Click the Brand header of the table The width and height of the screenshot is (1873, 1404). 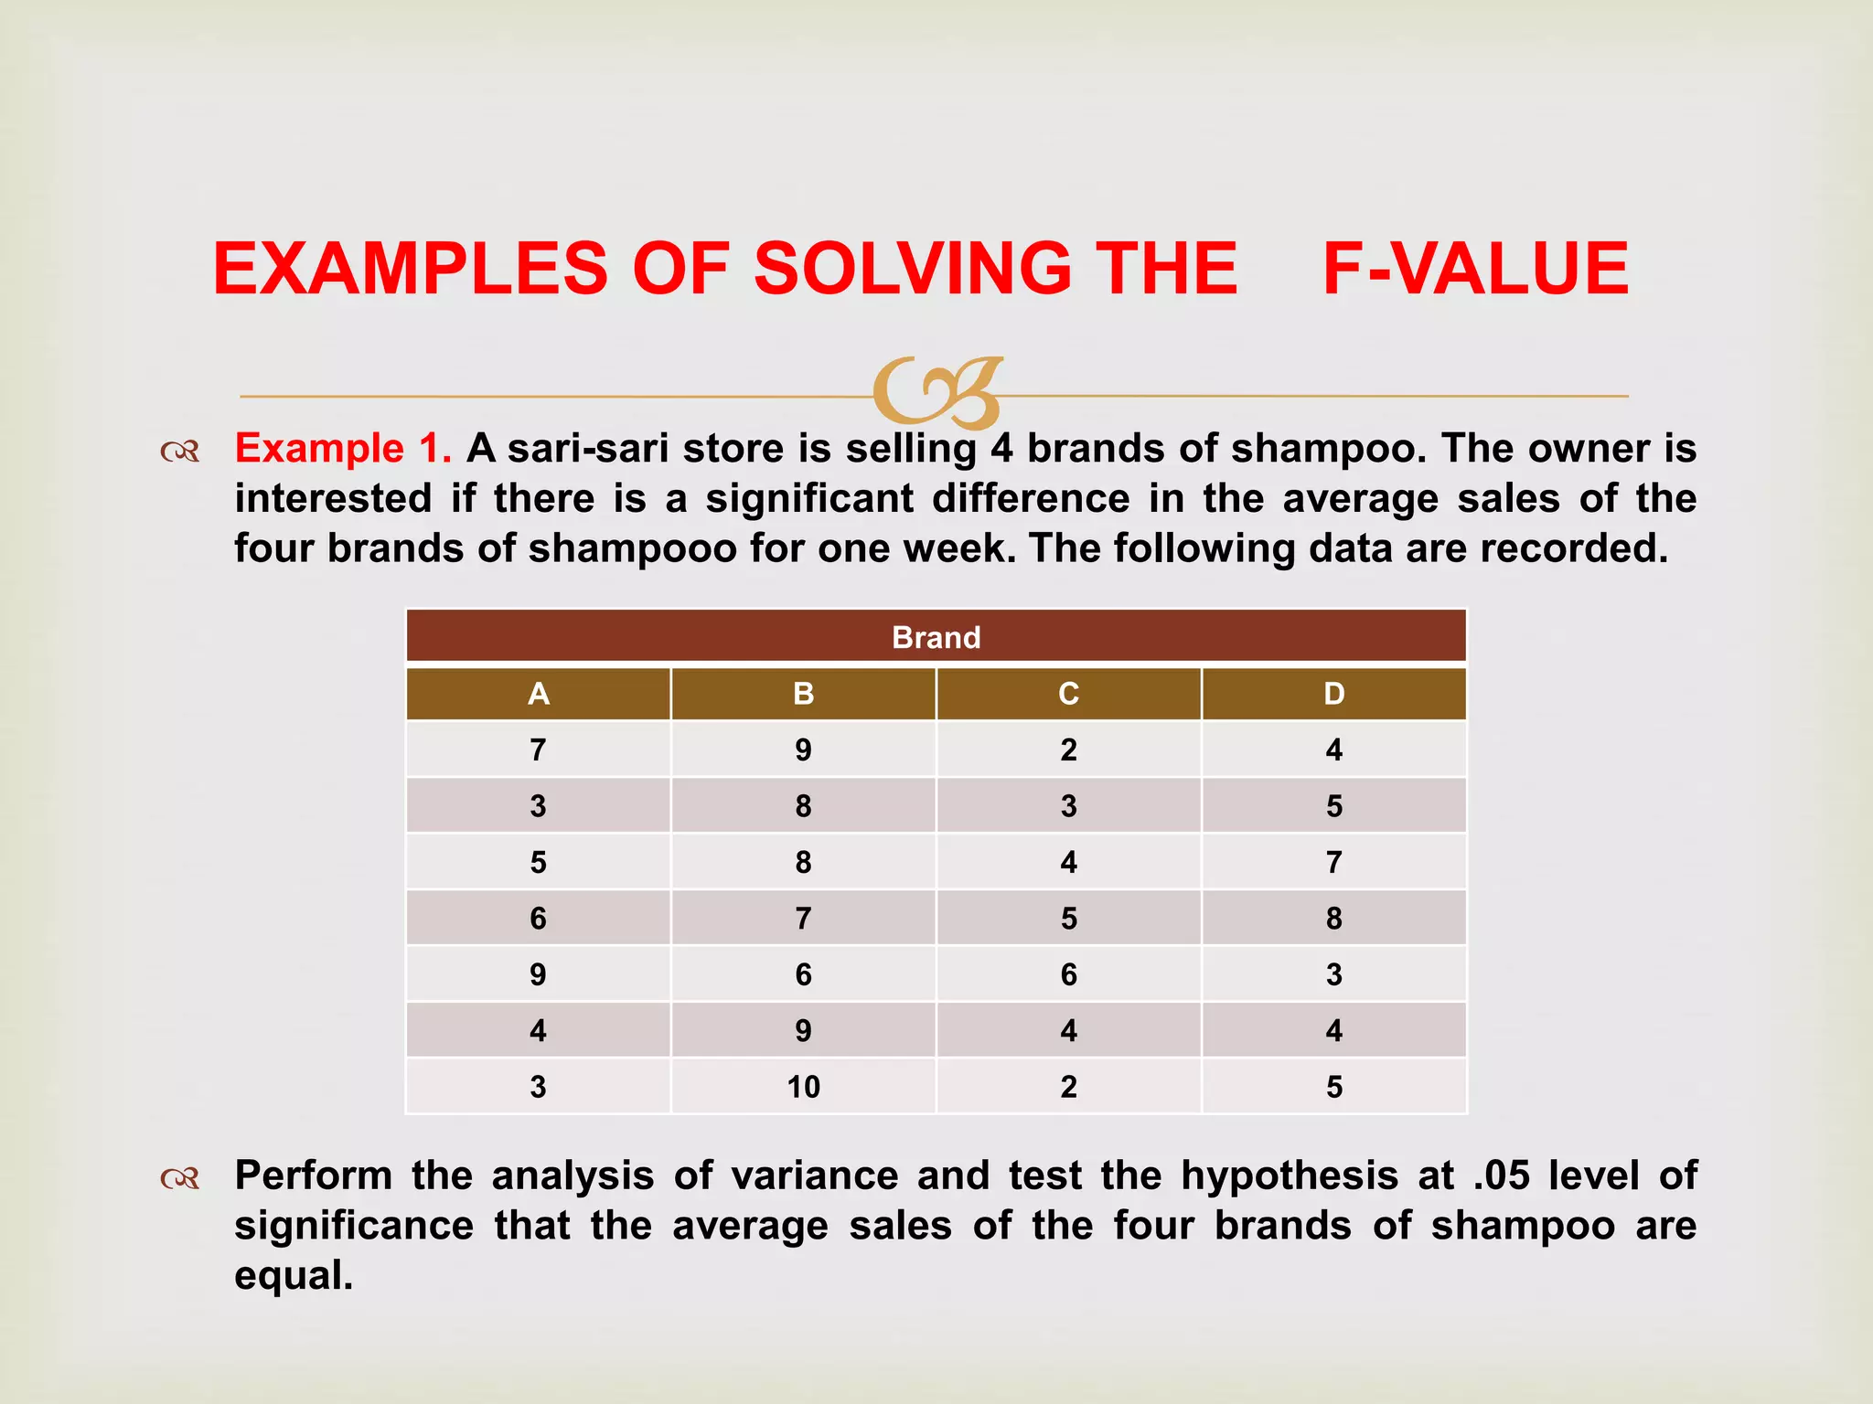pyautogui.click(x=936, y=637)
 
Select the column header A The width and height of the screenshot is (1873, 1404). pyautogui.click(x=538, y=694)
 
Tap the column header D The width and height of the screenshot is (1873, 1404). pyautogui.click(x=1333, y=694)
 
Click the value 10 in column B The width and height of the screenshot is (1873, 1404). pyautogui.click(x=803, y=1087)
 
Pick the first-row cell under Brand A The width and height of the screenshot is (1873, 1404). pyautogui.click(x=538, y=750)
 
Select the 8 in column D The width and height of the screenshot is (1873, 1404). pyautogui.click(x=1333, y=919)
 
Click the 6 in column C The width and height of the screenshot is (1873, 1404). pyautogui.click(x=1068, y=974)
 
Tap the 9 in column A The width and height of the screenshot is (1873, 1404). pyautogui.click(x=538, y=974)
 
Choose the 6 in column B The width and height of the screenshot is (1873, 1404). pyautogui.click(x=803, y=974)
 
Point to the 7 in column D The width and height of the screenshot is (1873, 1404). pyautogui.click(x=1333, y=862)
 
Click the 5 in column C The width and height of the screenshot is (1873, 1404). pyautogui.click(x=1068, y=919)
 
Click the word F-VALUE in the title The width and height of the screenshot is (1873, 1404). pyautogui.click(x=1475, y=269)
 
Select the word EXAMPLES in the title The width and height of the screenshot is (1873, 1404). pyautogui.click(x=410, y=269)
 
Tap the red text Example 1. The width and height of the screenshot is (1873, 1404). pyautogui.click(x=343, y=449)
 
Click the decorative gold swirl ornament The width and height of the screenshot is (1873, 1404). pyautogui.click(x=937, y=393)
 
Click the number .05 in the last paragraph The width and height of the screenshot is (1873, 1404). pyautogui.click(x=1501, y=1175)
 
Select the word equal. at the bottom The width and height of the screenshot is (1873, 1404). pyautogui.click(x=294, y=1275)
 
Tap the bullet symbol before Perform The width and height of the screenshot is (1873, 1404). pyautogui.click(x=179, y=1179)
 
